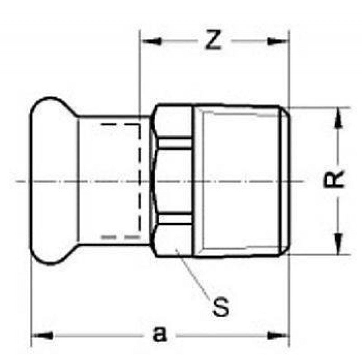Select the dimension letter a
(x=158, y=335)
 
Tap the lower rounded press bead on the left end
(x=50, y=256)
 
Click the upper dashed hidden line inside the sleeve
(x=120, y=123)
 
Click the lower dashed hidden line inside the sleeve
(x=120, y=237)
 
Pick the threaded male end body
(x=240, y=181)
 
